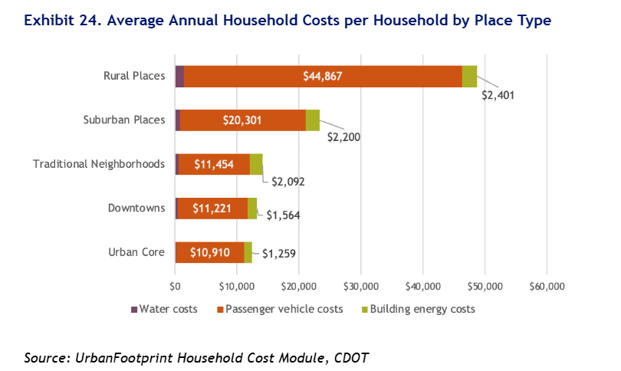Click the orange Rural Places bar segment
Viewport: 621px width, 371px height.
coord(322,77)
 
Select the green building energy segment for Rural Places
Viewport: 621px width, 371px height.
coord(469,77)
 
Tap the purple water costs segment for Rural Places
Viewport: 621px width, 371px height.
coord(179,77)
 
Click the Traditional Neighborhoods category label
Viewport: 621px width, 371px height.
coord(99,164)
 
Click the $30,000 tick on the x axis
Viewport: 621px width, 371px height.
coord(360,286)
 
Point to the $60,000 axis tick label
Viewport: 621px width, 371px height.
coord(546,286)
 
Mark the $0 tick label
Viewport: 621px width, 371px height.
coord(175,286)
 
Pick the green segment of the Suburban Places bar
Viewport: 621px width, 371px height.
coord(313,120)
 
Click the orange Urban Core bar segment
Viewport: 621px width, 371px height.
coord(209,251)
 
